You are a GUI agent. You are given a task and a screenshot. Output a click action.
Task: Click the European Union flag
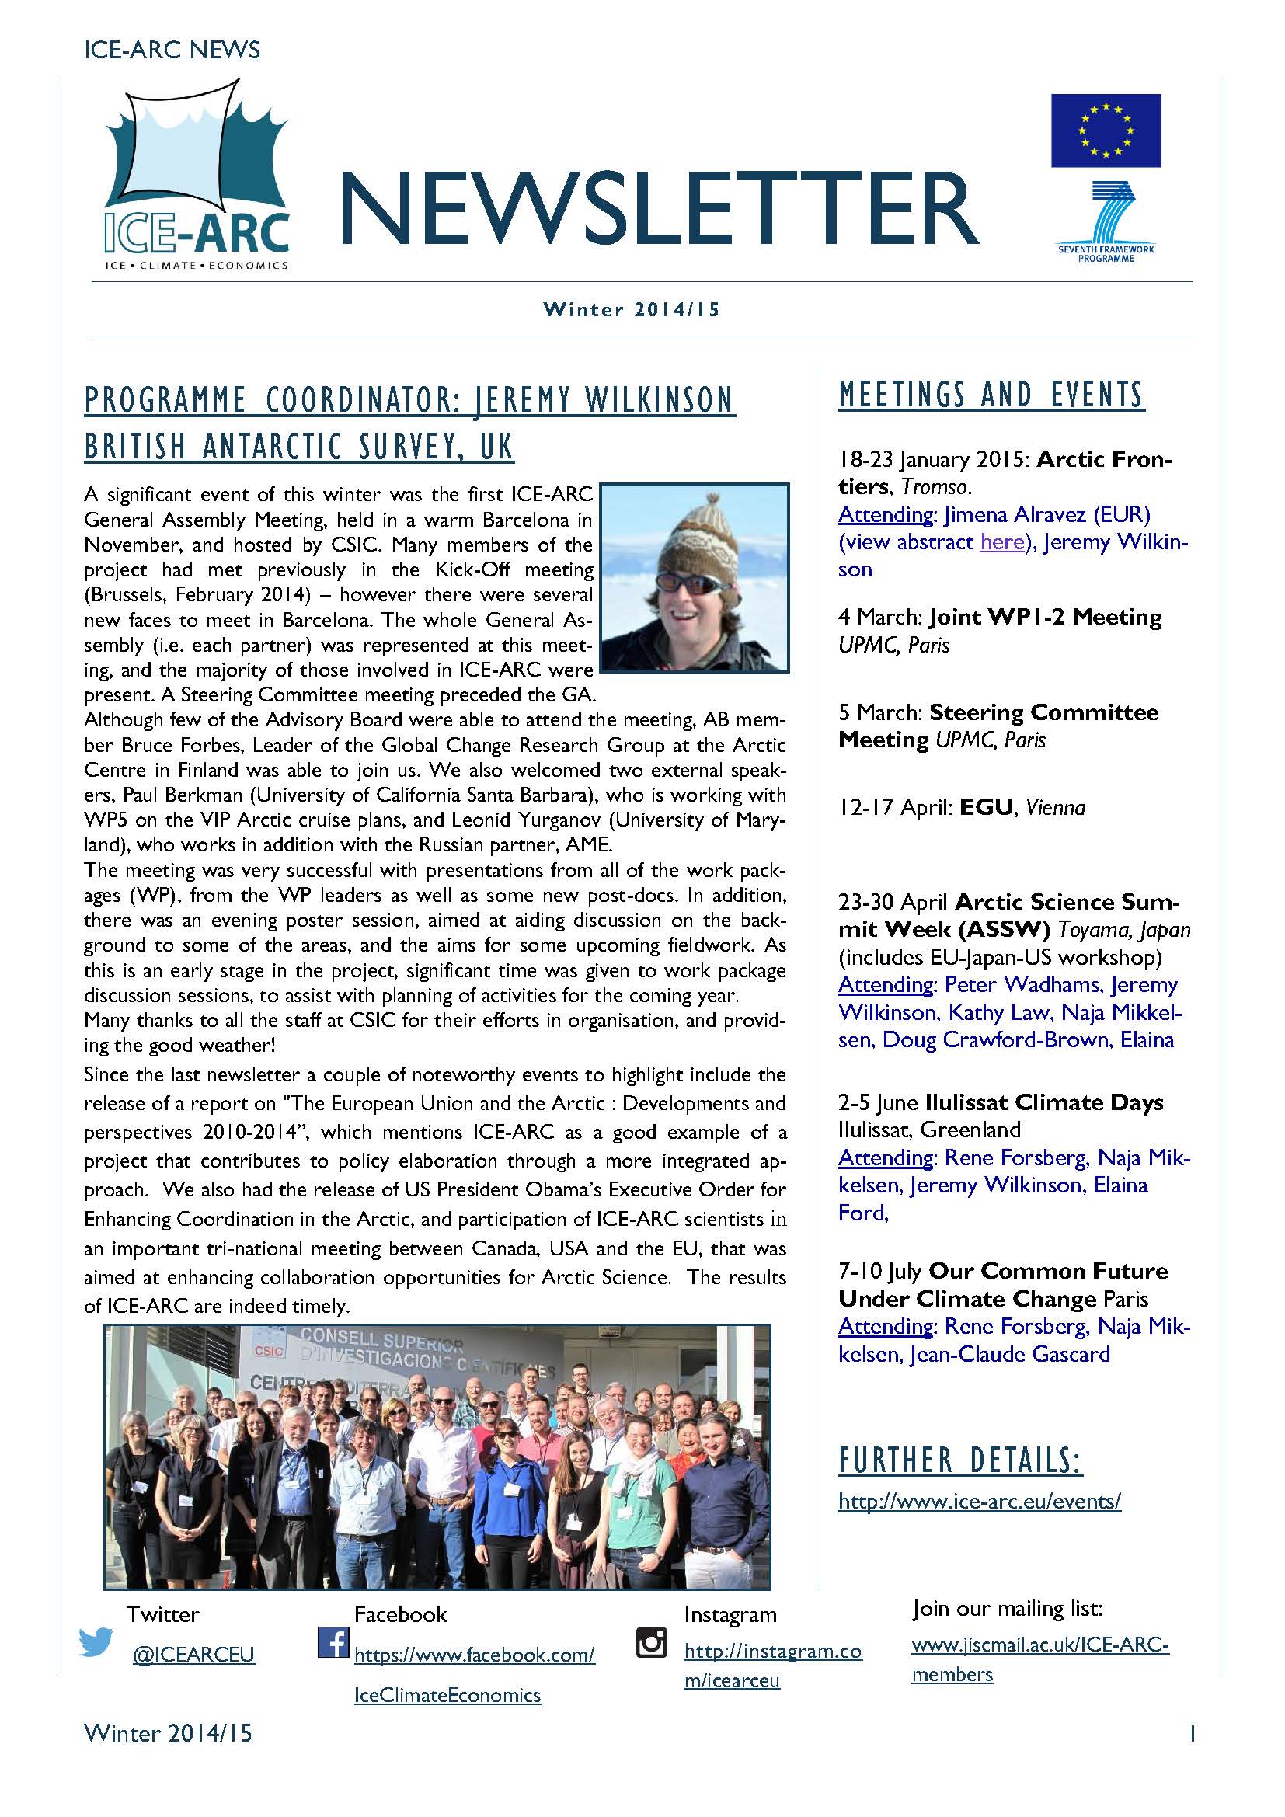click(x=1106, y=131)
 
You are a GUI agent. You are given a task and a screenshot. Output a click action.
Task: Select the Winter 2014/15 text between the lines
click(x=632, y=309)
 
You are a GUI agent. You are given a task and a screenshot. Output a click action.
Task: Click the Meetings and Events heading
click(x=991, y=395)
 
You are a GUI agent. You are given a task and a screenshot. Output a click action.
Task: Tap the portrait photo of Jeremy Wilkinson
click(x=695, y=578)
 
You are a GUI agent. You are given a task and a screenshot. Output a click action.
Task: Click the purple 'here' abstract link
click(x=1001, y=542)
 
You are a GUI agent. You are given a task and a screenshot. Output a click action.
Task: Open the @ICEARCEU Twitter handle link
click(x=193, y=1655)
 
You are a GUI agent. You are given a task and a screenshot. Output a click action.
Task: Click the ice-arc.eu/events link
click(x=980, y=1502)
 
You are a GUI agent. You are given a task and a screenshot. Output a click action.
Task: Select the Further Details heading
click(x=959, y=1461)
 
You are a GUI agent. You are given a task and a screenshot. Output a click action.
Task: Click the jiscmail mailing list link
click(x=1039, y=1646)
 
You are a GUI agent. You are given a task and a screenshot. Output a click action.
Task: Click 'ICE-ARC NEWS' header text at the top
click(x=171, y=50)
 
